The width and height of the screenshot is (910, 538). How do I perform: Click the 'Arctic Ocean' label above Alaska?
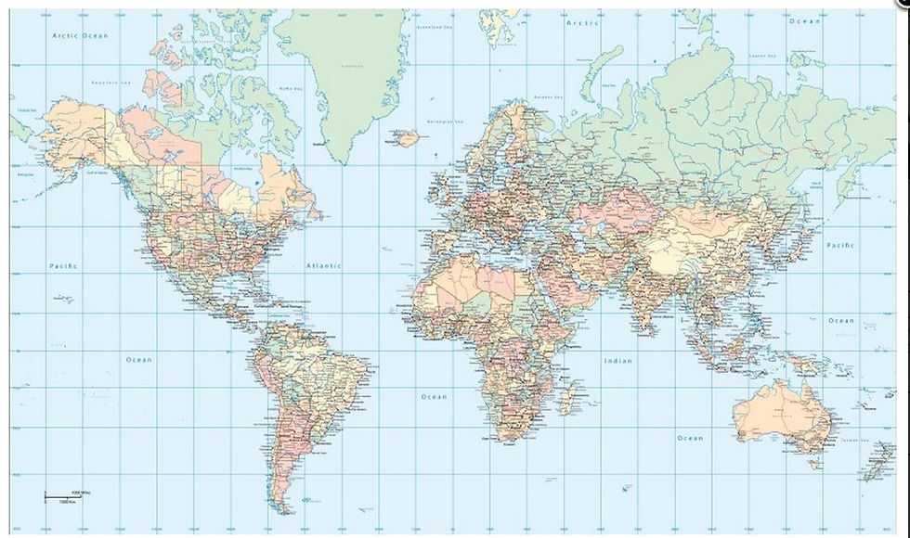pyautogui.click(x=80, y=35)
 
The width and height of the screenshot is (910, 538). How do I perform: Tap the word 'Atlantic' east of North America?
pyautogui.click(x=324, y=266)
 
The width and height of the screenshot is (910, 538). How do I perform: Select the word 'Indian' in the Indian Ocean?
pyautogui.click(x=617, y=360)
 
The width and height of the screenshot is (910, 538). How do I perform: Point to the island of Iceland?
pyautogui.click(x=406, y=139)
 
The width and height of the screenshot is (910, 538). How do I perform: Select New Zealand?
pyautogui.click(x=877, y=460)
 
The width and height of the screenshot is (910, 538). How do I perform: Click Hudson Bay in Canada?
pyautogui.click(x=243, y=173)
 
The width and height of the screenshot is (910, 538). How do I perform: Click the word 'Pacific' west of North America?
pyautogui.click(x=63, y=266)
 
